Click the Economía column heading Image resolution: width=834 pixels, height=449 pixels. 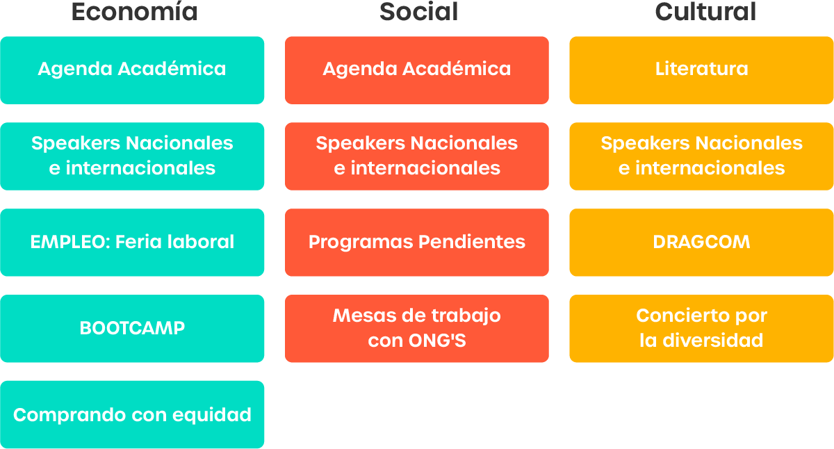coord(134,12)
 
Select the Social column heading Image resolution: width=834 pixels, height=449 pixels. coord(419,12)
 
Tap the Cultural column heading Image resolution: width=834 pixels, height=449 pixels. coord(705,12)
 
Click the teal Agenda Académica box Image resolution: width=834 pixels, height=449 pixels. coord(132,70)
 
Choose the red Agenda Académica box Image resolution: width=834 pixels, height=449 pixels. coord(417,70)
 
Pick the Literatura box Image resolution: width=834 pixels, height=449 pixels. coord(701,70)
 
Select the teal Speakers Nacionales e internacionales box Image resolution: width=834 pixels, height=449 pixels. coord(132,156)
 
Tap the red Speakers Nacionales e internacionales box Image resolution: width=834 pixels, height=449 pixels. coord(417,156)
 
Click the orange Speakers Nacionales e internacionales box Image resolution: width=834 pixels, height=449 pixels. coord(701,156)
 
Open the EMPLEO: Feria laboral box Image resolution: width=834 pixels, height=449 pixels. coord(132,243)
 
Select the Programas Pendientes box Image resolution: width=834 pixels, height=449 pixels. coord(417,243)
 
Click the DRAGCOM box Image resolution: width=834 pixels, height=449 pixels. coord(701,243)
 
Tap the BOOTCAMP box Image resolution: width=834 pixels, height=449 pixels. coord(132,328)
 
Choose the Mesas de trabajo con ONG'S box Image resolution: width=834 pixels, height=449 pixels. coord(417,328)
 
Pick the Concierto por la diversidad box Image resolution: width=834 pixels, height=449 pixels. coord(701,328)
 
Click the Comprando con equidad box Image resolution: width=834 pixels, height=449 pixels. coord(132,414)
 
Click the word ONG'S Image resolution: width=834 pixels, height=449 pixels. coord(437,341)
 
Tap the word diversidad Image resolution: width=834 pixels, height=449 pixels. coord(713,341)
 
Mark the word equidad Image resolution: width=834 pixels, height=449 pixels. coord(212,416)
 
